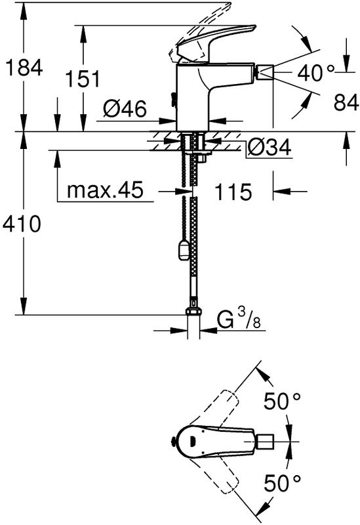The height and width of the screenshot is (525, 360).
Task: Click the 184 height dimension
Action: point(23,67)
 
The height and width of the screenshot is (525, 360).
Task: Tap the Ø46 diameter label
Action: point(125,108)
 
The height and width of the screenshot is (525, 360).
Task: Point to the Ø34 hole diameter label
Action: point(268,149)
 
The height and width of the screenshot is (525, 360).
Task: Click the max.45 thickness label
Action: point(105,191)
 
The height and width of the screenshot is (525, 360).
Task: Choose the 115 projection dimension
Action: point(233,192)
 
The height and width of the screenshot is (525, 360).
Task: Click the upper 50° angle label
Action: point(284,401)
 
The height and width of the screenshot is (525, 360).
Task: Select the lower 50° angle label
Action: point(284,485)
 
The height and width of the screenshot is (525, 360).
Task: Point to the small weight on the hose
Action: point(184,249)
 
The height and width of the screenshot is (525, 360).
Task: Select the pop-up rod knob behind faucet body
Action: point(173,100)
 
